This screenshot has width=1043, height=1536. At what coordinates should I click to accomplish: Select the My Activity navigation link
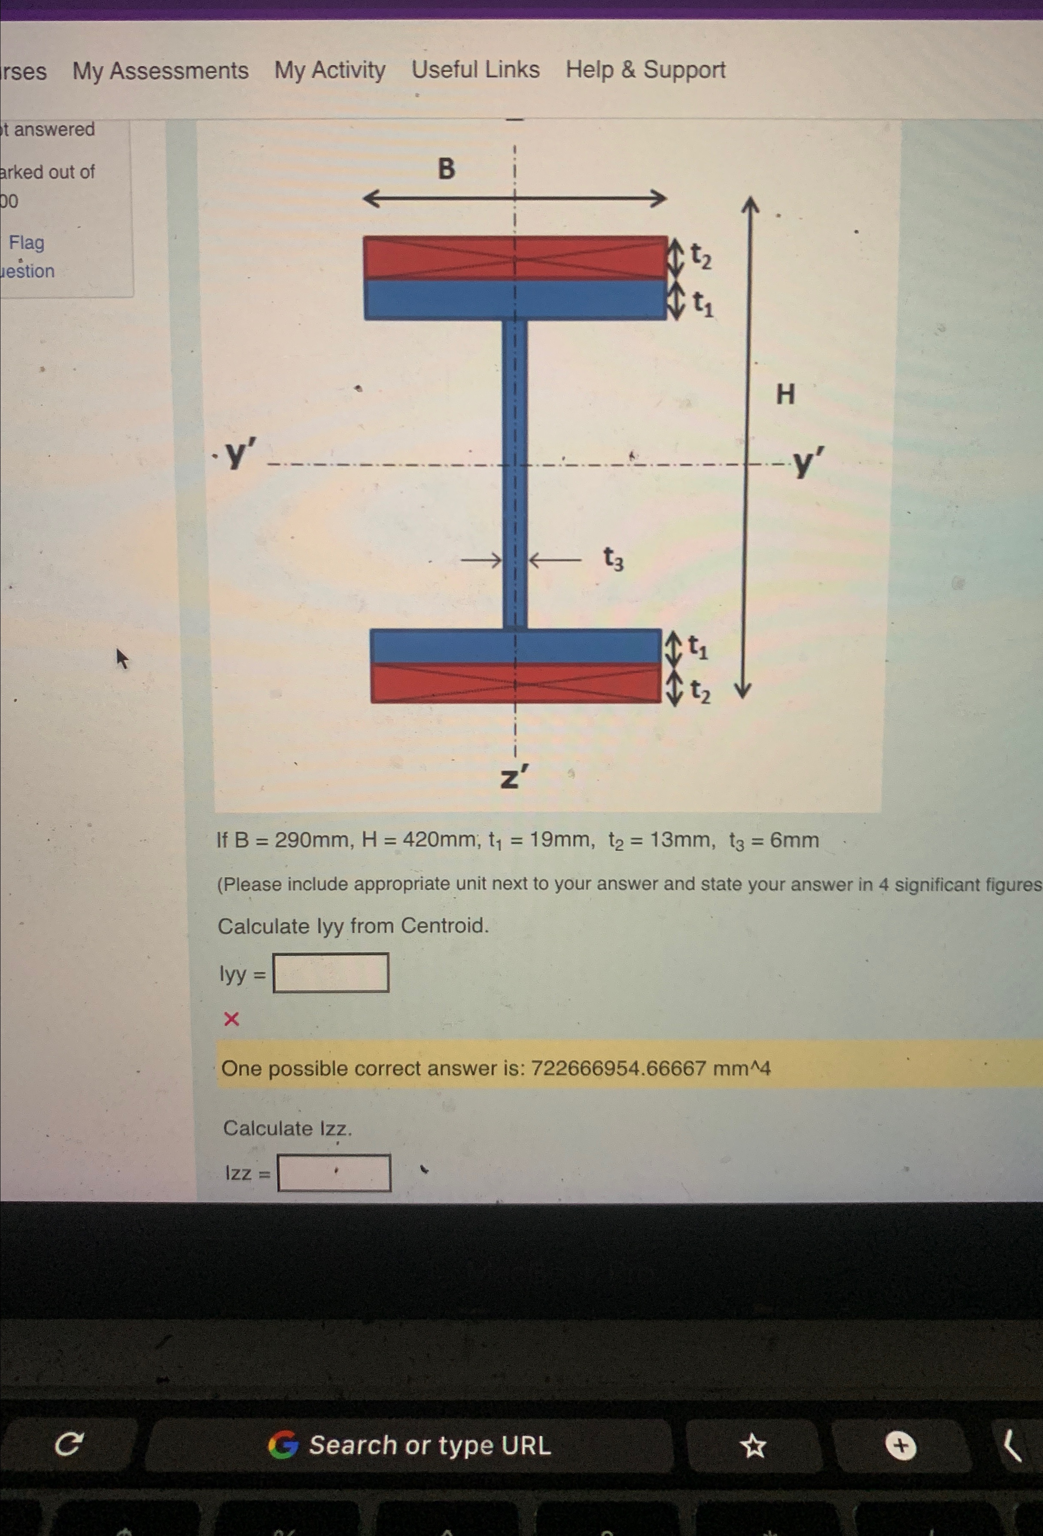[330, 70]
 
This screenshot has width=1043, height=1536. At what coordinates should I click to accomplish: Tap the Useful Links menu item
[475, 70]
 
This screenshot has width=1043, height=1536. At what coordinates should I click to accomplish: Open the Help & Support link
[645, 70]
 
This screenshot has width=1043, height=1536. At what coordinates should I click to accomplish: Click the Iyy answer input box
[331, 972]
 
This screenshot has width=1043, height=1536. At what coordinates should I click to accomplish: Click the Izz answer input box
[334, 1172]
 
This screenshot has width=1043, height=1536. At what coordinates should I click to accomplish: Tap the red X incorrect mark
[231, 1019]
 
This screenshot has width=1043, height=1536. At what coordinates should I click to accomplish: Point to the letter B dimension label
[446, 169]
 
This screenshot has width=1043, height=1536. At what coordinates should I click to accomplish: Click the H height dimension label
[785, 395]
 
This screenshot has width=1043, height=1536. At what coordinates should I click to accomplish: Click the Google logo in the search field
[283, 1445]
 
